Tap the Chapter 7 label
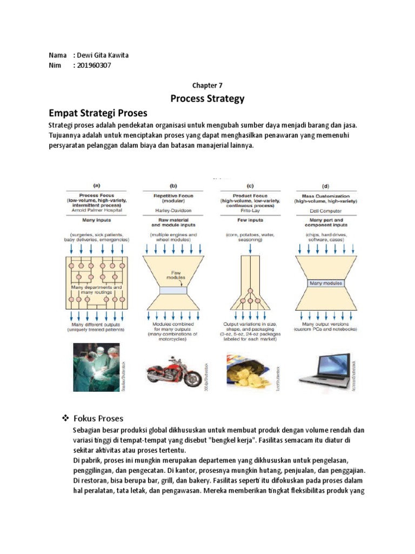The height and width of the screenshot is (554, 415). click(x=207, y=85)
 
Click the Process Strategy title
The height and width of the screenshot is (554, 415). click(x=207, y=98)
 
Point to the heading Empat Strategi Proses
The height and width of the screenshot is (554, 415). click(x=98, y=113)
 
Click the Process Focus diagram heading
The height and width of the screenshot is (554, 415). click(x=96, y=196)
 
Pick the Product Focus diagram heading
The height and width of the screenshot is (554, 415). click(x=250, y=196)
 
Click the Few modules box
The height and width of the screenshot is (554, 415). click(x=173, y=291)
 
